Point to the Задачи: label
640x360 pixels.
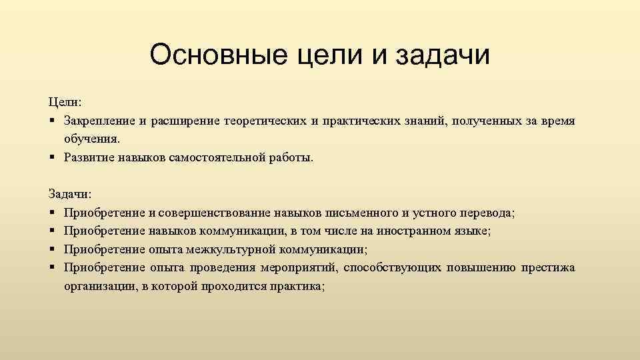[x=71, y=193]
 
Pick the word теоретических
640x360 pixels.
[x=267, y=121]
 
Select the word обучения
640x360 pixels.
[x=92, y=139]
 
